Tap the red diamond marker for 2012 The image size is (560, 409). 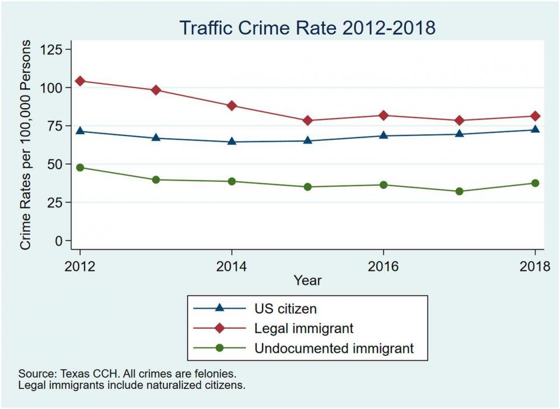pyautogui.click(x=80, y=81)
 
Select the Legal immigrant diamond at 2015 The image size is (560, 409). pyautogui.click(x=307, y=121)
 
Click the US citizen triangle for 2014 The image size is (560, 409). pyautogui.click(x=232, y=141)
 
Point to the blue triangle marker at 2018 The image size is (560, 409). pyautogui.click(x=535, y=129)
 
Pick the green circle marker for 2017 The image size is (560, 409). pyautogui.click(x=459, y=191)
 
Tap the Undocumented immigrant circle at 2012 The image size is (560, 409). pyautogui.click(x=80, y=167)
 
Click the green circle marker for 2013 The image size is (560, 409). pyautogui.click(x=156, y=180)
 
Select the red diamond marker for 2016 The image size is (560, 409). pyautogui.click(x=384, y=116)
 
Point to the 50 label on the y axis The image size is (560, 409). pyautogui.click(x=57, y=164)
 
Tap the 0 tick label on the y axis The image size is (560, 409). pyautogui.click(x=61, y=241)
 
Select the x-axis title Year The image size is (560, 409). pyautogui.click(x=307, y=279)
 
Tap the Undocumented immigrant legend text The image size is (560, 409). pyautogui.click(x=334, y=348)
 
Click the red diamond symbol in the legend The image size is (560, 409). pyautogui.click(x=220, y=328)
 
